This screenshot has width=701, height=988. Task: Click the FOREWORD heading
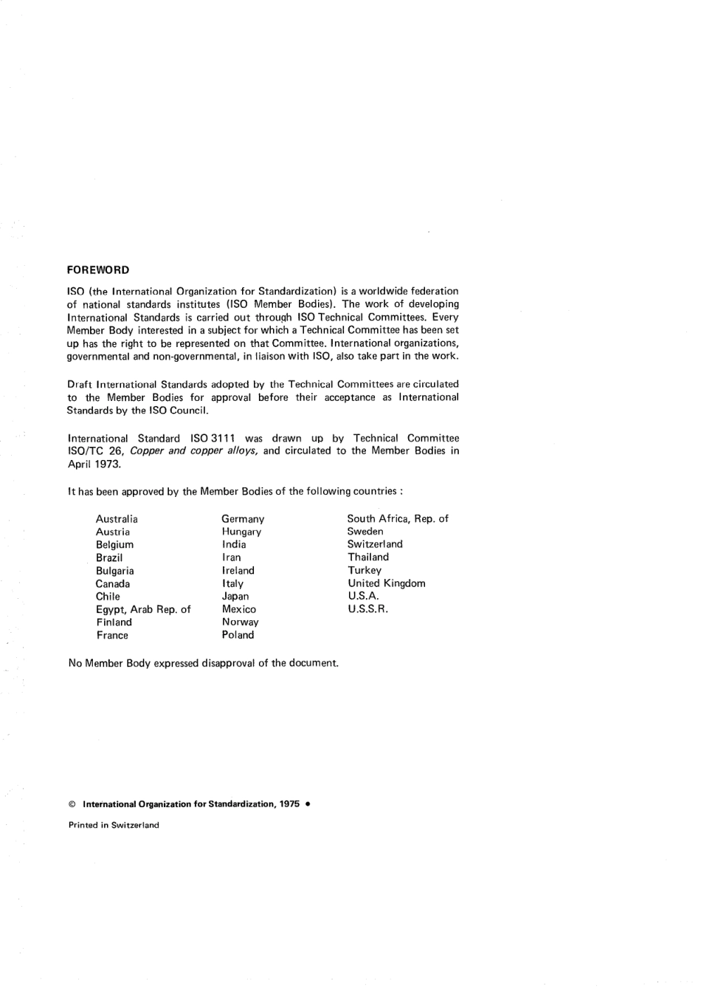point(98,270)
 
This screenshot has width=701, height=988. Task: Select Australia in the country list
point(117,519)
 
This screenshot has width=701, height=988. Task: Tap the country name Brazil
point(109,558)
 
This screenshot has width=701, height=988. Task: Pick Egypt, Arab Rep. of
point(143,609)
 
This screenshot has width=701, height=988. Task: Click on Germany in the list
point(243,519)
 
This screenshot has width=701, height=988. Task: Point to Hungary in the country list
point(241,532)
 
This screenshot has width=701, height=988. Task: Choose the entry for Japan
point(235,596)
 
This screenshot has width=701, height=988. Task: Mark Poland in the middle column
point(238,634)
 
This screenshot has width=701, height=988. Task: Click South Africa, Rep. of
point(398,518)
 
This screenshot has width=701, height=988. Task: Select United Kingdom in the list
point(387,583)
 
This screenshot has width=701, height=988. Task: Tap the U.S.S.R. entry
point(368,609)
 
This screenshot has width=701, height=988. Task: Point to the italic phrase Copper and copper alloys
point(193,450)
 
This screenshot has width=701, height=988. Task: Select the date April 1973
point(94,464)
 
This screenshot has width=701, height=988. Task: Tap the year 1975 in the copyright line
point(289,804)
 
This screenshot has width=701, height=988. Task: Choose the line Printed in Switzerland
point(114,825)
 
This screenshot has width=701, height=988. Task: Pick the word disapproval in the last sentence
point(228,662)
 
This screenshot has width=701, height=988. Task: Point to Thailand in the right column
point(368,558)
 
